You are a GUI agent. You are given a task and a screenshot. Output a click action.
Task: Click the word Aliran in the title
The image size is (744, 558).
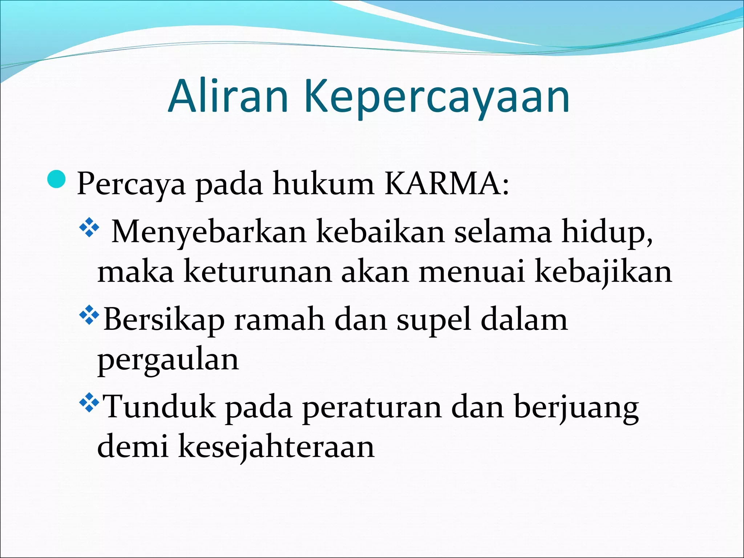(229, 96)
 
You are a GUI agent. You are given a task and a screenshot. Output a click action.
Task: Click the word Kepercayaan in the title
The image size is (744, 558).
(436, 97)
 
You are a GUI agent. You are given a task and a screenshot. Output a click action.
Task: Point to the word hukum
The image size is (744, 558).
(323, 184)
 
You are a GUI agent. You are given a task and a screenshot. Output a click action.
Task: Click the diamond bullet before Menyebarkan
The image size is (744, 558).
(89, 229)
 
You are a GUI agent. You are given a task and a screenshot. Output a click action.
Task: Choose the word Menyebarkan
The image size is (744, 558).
(209, 232)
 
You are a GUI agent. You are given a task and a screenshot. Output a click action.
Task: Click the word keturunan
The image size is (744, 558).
(258, 272)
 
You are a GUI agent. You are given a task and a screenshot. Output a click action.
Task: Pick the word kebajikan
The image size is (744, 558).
(603, 272)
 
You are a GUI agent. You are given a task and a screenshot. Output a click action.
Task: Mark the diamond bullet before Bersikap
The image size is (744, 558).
(89, 315)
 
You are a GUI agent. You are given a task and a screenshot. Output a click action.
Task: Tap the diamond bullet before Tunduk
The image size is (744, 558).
(89, 403)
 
